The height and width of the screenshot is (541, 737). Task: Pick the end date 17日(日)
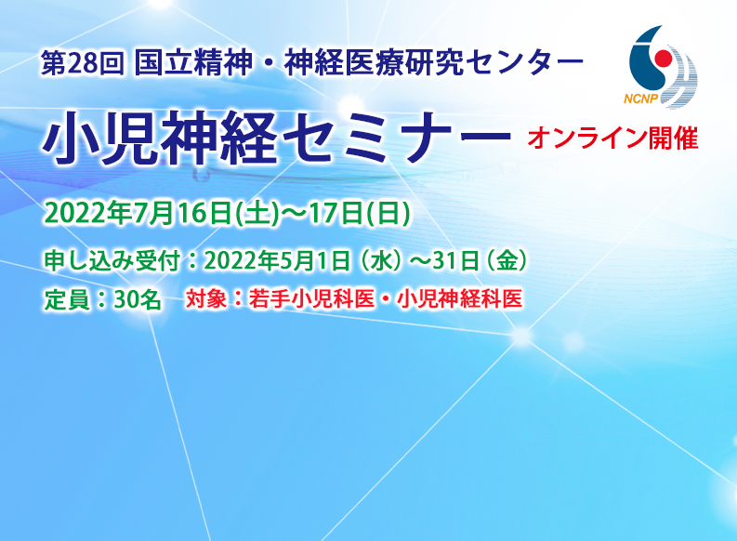(x=351, y=212)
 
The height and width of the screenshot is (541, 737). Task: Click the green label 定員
(x=65, y=299)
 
